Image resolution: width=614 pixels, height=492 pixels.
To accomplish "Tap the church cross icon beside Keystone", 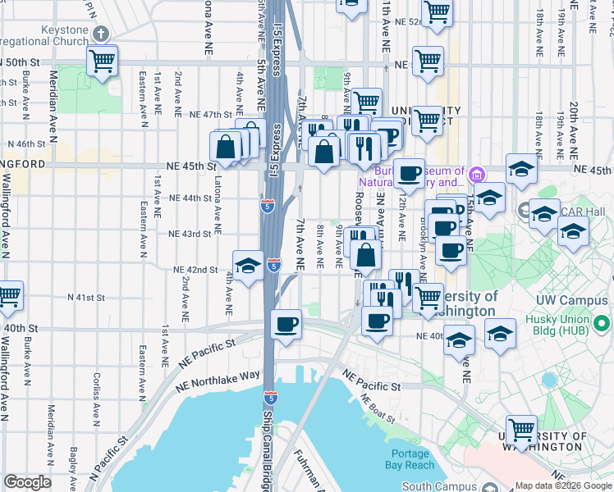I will pyautogui.click(x=100, y=34).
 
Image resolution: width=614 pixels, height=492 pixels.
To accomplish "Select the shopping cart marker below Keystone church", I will pyautogui.click(x=102, y=61).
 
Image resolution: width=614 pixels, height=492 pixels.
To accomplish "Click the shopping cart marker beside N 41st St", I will pyautogui.click(x=9, y=296).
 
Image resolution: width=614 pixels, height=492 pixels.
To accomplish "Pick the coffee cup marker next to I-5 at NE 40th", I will pyautogui.click(x=286, y=326).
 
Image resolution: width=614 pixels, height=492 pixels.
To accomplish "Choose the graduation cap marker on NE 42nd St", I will pyautogui.click(x=248, y=266).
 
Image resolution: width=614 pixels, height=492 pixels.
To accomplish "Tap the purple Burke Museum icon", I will pyautogui.click(x=477, y=173).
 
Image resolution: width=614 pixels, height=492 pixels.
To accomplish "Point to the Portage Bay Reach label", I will pyautogui.click(x=411, y=459).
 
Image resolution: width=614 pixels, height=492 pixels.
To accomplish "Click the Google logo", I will pyautogui.click(x=27, y=482).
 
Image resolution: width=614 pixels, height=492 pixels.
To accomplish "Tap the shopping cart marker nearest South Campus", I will pyautogui.click(x=522, y=428).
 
